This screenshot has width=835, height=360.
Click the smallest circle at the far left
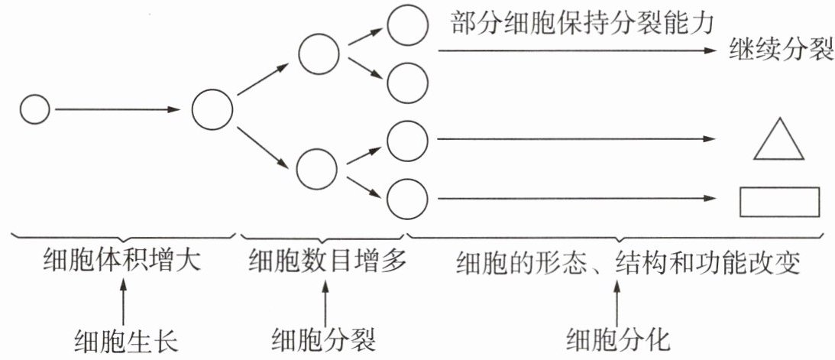(34, 110)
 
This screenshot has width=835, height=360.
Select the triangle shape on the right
(778, 142)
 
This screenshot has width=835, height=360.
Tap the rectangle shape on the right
(778, 202)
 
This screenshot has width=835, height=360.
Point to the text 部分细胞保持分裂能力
(581, 23)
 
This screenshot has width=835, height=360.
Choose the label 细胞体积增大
(121, 261)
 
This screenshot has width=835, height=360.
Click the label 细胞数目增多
(325, 261)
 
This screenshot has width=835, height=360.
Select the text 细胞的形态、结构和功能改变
(627, 262)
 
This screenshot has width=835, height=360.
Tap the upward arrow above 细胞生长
(124, 301)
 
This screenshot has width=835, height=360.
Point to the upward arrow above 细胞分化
(620, 301)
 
